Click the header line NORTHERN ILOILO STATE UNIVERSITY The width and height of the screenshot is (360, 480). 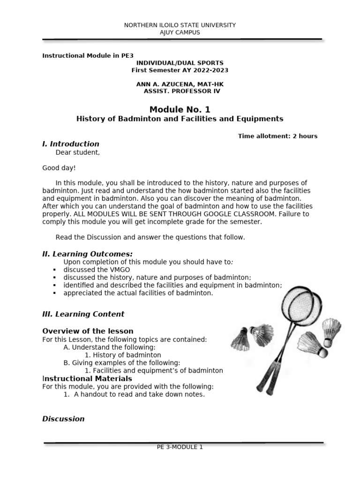(x=180, y=25)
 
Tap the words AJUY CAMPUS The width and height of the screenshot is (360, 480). (x=180, y=32)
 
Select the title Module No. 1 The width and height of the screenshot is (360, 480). (x=180, y=109)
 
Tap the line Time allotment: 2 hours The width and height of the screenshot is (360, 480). (x=277, y=136)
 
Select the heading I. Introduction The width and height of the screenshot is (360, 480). (x=71, y=144)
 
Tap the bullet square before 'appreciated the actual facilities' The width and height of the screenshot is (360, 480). (x=54, y=293)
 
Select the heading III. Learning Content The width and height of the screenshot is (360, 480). (x=83, y=314)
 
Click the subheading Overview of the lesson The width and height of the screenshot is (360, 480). (x=88, y=331)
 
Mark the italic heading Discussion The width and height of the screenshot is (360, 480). (x=63, y=419)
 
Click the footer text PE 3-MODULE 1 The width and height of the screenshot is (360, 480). (x=180, y=447)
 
